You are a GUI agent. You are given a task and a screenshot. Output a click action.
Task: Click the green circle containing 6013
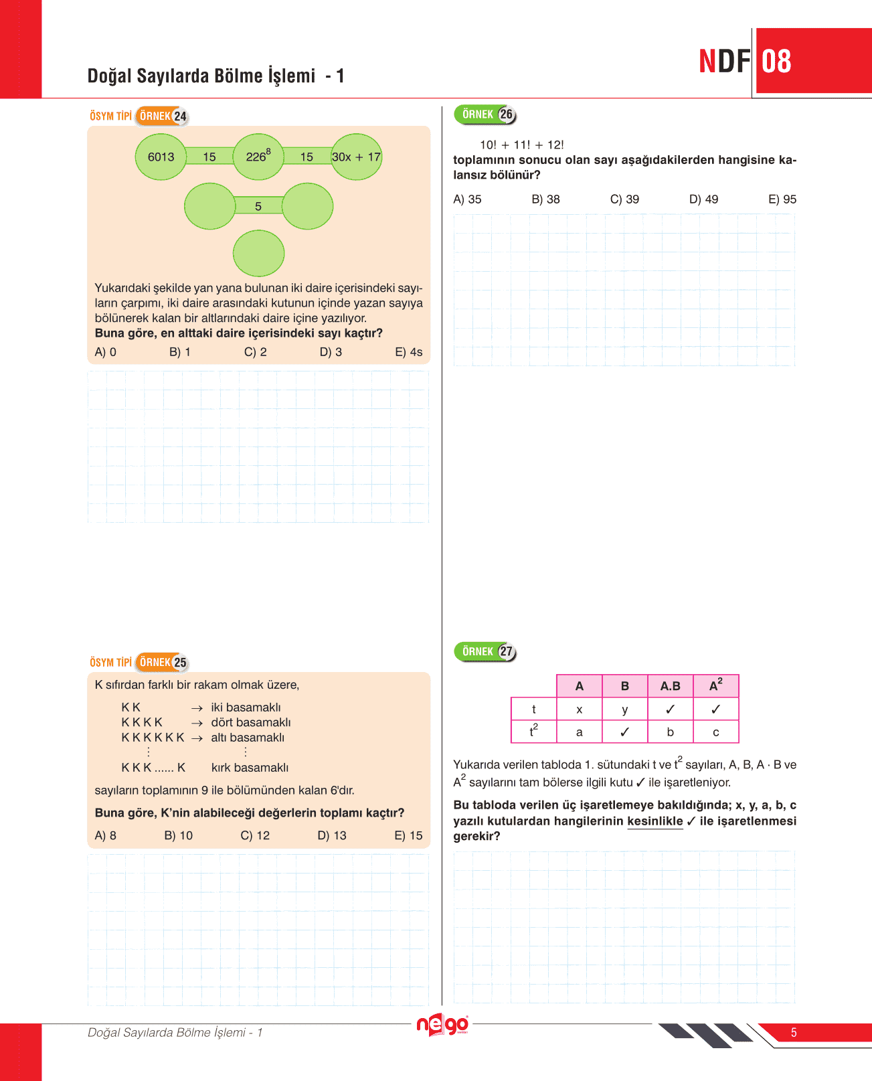pyautogui.click(x=161, y=157)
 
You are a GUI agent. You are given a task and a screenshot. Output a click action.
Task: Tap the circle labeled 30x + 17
pyautogui.click(x=357, y=157)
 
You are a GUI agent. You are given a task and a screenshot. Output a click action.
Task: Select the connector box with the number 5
pyautogui.click(x=258, y=206)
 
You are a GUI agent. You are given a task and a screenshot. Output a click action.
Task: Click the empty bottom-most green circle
pyautogui.click(x=258, y=253)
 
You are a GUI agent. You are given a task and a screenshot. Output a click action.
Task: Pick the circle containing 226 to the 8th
pyautogui.click(x=258, y=157)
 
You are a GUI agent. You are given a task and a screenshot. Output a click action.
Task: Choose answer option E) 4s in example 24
pyautogui.click(x=408, y=352)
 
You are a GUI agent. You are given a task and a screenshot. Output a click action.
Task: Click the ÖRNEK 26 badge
pyautogui.click(x=485, y=114)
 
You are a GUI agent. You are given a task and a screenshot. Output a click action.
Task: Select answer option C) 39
pyautogui.click(x=624, y=199)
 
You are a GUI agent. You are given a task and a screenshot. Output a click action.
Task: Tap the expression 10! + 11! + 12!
pyautogui.click(x=521, y=145)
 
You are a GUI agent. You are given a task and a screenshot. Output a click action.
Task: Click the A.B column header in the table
pyautogui.click(x=670, y=686)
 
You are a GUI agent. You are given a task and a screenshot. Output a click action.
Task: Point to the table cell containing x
pyautogui.click(x=580, y=710)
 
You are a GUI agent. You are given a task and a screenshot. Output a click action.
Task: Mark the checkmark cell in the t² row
pyautogui.click(x=624, y=732)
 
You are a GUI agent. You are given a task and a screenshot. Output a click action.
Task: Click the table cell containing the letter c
pyautogui.click(x=715, y=732)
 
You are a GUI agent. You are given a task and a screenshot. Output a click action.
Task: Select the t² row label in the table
pyautogui.click(x=533, y=731)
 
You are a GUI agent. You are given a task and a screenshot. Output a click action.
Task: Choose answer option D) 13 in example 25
pyautogui.click(x=332, y=835)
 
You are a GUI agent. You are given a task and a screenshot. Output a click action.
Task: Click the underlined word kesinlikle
pyautogui.click(x=655, y=821)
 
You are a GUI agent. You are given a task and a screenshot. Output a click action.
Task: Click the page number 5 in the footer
pyautogui.click(x=794, y=1033)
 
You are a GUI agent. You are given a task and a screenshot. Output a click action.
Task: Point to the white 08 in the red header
pyautogui.click(x=776, y=62)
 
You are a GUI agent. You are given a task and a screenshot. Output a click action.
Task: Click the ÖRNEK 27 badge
pyautogui.click(x=485, y=651)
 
